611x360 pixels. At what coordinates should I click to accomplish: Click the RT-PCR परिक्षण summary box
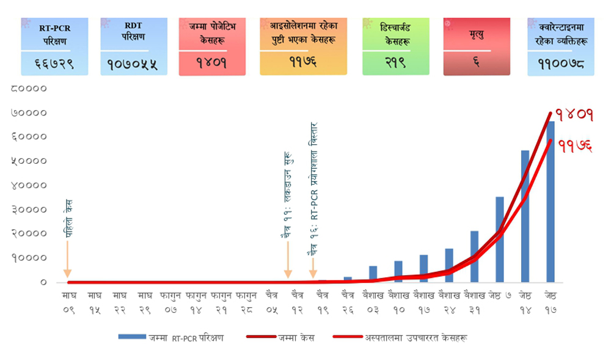(54, 46)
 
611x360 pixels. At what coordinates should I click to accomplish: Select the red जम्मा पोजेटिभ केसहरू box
(212, 46)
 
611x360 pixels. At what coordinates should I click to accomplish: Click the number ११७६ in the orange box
(303, 61)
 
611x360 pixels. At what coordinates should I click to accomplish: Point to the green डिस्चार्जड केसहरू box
(395, 46)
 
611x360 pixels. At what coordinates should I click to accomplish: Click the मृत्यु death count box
(477, 46)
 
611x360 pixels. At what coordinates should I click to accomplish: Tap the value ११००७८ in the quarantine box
(561, 63)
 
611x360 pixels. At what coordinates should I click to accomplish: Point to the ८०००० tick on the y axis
(29, 89)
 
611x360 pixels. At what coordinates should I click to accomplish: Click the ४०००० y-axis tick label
(29, 185)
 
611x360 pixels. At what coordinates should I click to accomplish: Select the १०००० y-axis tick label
(29, 258)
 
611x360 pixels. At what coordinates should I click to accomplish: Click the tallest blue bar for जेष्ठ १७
(551, 202)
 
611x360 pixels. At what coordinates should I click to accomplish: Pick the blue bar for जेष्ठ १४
(525, 216)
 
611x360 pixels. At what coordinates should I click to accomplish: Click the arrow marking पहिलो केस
(67, 260)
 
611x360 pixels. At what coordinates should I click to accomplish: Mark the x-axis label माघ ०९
(68, 302)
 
